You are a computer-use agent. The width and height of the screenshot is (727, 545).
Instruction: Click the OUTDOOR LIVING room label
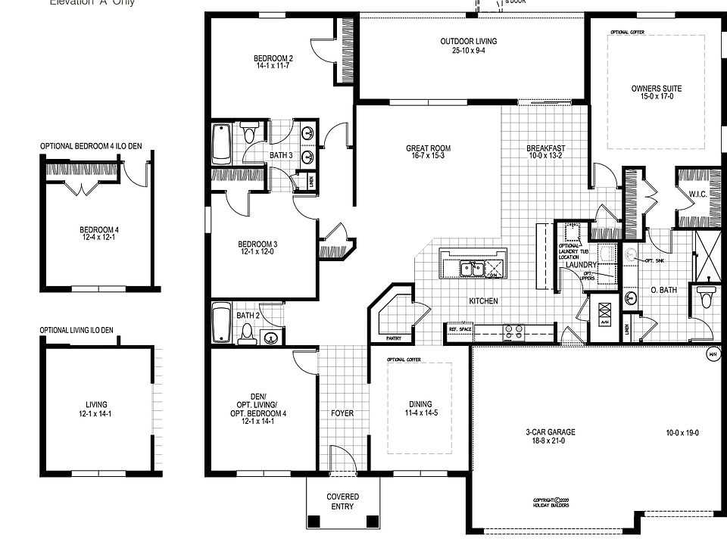[x=473, y=46]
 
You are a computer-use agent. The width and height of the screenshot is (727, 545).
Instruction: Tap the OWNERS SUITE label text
[x=656, y=93]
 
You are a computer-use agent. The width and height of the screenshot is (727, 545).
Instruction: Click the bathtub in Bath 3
[x=221, y=144]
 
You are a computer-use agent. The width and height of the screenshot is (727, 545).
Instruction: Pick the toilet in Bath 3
[x=249, y=134]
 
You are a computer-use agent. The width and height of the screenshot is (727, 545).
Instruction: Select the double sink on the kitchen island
[x=473, y=268]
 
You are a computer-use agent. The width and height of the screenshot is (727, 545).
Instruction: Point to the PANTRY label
[x=392, y=338]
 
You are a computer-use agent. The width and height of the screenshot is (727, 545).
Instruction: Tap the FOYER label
[x=342, y=413]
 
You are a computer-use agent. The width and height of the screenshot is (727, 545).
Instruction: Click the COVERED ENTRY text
[x=342, y=501]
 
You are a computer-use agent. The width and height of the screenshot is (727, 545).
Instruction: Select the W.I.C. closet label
[x=697, y=194]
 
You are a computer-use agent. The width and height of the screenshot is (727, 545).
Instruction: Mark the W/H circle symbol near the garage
[x=712, y=353]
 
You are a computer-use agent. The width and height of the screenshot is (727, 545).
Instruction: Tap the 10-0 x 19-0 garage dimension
[x=682, y=433]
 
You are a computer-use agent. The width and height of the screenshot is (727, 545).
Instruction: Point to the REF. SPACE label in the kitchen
[x=460, y=329]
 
